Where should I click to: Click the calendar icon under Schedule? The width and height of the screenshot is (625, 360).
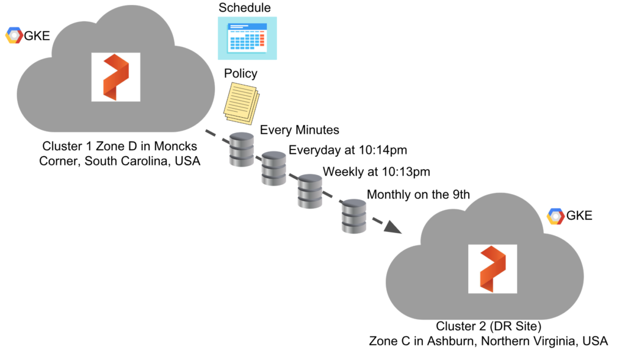247,38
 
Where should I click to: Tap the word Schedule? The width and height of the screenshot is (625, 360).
245,8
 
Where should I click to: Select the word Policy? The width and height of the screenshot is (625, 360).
240,74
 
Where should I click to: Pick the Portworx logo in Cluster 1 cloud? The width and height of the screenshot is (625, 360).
115,77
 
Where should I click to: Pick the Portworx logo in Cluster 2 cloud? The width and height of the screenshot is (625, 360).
492,268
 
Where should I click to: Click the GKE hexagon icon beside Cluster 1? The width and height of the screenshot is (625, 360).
13,36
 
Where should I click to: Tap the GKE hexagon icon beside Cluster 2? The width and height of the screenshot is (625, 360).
555,216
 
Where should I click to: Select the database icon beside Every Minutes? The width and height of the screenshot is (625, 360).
241,149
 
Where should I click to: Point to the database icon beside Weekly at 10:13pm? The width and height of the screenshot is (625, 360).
309,190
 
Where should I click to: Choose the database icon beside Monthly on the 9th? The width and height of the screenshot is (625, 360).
353,215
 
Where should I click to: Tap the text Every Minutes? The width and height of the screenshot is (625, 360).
300,130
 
